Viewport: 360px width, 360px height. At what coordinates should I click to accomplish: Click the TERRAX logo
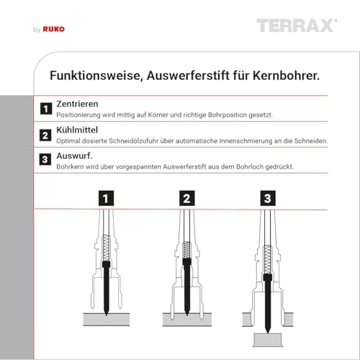(296, 27)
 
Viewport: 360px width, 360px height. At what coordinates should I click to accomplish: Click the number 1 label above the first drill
(107, 197)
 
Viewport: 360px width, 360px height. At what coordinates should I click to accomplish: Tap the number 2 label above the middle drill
(186, 197)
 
